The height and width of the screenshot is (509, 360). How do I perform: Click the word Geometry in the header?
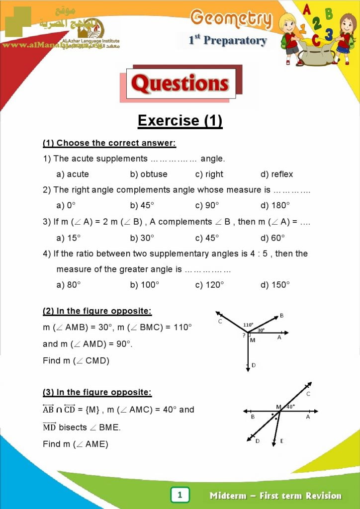pyautogui.click(x=232, y=19)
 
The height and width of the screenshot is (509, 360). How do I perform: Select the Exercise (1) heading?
pyautogui.click(x=180, y=121)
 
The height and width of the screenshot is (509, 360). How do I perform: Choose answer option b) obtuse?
pyautogui.click(x=149, y=174)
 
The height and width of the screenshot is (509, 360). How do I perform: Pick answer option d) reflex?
pyautogui.click(x=276, y=174)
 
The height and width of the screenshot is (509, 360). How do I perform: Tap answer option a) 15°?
pyautogui.click(x=68, y=238)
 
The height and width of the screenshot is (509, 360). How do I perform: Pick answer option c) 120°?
pyautogui.click(x=209, y=284)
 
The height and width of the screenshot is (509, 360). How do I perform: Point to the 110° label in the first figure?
pyautogui.click(x=248, y=325)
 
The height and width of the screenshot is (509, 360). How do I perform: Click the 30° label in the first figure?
pyautogui.click(x=261, y=330)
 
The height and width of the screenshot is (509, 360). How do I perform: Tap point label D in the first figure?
pyautogui.click(x=253, y=365)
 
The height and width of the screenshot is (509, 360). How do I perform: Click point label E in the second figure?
pyautogui.click(x=281, y=441)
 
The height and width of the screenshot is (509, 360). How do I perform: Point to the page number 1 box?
pyautogui.click(x=180, y=495)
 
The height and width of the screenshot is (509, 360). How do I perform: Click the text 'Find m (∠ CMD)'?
pyautogui.click(x=76, y=360)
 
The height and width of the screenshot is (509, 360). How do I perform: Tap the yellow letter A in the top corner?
pyautogui.click(x=307, y=8)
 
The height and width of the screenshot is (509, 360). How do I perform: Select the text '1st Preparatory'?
pyautogui.click(x=227, y=41)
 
